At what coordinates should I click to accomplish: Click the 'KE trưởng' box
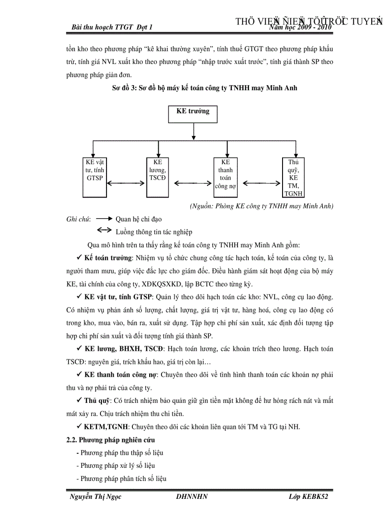pyautogui.click(x=192, y=114)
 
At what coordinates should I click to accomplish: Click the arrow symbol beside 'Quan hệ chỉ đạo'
pyautogui.click(x=104, y=219)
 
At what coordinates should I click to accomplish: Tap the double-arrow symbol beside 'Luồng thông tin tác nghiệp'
pyautogui.click(x=104, y=231)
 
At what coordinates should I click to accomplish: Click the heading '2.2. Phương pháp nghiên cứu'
pyautogui.click(x=111, y=440)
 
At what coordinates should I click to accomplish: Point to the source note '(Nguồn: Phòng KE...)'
pyautogui.click(x=261, y=206)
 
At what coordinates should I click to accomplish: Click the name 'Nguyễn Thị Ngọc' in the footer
pyautogui.click(x=95, y=497)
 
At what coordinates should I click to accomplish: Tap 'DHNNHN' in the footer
pyautogui.click(x=191, y=497)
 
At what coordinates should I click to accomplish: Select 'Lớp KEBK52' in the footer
pyautogui.click(x=308, y=497)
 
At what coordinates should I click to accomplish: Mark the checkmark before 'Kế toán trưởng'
pyautogui.click(x=79, y=258)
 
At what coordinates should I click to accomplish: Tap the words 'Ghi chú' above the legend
pyautogui.click(x=78, y=219)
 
